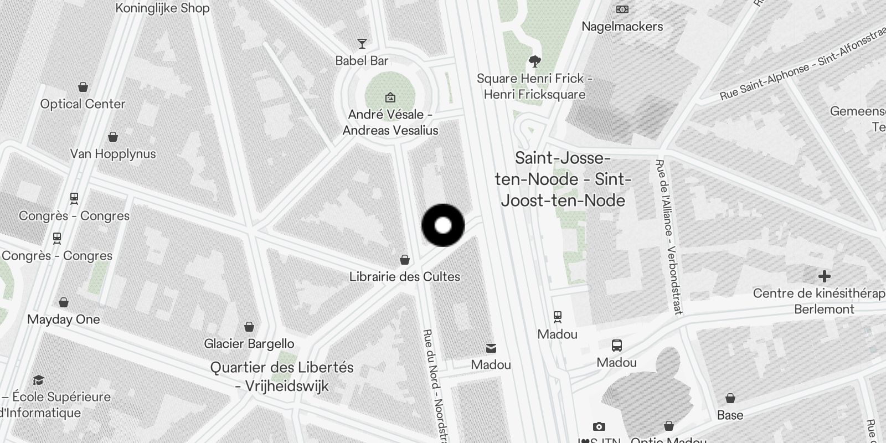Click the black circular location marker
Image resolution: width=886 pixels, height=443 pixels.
[x=443, y=225]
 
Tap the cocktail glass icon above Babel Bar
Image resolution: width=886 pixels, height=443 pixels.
[x=362, y=44]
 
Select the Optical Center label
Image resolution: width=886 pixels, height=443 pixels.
[x=83, y=104]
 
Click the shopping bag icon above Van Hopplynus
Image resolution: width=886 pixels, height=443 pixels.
[x=113, y=137]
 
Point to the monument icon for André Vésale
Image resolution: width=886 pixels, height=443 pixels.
[x=390, y=98]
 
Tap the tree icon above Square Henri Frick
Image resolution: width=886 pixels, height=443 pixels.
[x=534, y=61]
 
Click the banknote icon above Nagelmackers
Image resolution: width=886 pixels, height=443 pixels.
[x=622, y=9]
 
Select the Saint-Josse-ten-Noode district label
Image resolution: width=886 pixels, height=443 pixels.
[x=563, y=179]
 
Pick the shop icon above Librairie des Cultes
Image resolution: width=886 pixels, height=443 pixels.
[x=405, y=260]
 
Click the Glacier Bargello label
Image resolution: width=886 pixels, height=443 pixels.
[x=249, y=344]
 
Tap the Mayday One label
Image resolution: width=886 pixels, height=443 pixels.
[x=64, y=320]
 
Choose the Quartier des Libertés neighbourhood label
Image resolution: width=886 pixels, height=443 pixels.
[x=282, y=377]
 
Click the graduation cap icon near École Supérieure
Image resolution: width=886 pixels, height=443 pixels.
[x=38, y=380]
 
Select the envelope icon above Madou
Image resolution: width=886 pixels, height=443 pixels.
[x=491, y=348]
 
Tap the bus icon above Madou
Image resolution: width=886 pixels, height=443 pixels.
[x=617, y=346]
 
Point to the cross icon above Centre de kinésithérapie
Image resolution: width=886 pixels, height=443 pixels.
[x=824, y=276]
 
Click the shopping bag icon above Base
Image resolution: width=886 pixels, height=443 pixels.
[x=730, y=398]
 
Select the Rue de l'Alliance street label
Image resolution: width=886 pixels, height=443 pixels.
[x=668, y=237]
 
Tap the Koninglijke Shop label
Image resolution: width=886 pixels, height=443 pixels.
[x=162, y=8]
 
